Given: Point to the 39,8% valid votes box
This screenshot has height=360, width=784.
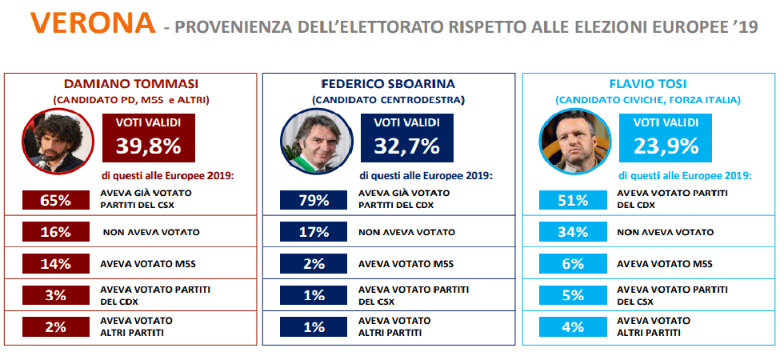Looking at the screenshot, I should click(149, 137).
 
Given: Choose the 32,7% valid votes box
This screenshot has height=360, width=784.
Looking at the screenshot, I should click(407, 137).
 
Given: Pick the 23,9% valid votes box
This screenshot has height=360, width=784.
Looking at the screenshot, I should click(666, 137).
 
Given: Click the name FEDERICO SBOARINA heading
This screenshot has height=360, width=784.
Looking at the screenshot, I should click(389, 84).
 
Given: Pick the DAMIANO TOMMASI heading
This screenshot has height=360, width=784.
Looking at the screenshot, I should click(131, 84).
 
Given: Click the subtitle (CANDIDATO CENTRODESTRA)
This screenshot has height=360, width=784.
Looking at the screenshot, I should click(389, 99).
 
